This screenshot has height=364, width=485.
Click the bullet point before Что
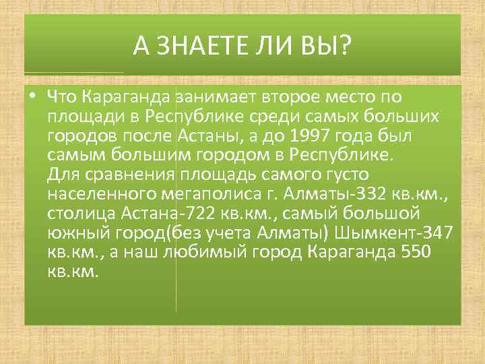(x=32, y=96)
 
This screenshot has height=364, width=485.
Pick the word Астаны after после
(x=206, y=136)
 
